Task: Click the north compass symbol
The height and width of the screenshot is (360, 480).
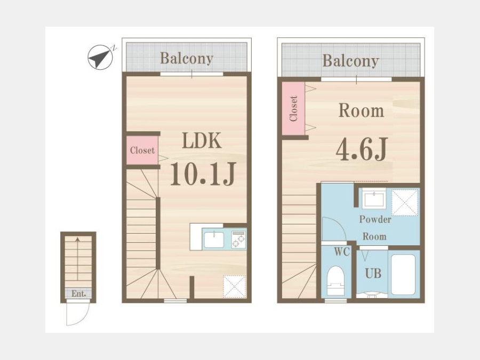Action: point(100,57)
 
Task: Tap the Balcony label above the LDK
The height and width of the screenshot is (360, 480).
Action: point(187,58)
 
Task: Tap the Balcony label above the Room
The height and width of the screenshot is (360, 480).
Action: point(350,61)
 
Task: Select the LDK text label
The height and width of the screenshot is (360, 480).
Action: point(202,140)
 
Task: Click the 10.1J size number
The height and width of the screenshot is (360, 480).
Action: point(203,174)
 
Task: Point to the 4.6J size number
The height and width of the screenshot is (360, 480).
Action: point(362,149)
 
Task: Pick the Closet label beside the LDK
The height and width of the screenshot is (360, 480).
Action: point(142,150)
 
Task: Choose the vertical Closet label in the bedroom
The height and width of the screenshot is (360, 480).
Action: point(293,109)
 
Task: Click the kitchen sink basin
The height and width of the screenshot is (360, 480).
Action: point(214,239)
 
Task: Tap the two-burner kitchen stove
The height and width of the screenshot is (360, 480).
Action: point(238,239)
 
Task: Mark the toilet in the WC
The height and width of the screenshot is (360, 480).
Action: point(335,281)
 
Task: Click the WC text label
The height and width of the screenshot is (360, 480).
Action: point(342,252)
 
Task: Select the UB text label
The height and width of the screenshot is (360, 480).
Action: point(373,273)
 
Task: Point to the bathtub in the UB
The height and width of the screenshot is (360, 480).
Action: point(404,275)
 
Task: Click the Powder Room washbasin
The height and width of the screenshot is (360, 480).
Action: point(374,199)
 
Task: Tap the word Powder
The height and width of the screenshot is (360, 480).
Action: point(375,220)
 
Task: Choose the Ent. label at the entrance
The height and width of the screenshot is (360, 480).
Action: point(79,293)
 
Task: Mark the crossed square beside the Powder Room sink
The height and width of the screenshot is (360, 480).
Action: point(405,203)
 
